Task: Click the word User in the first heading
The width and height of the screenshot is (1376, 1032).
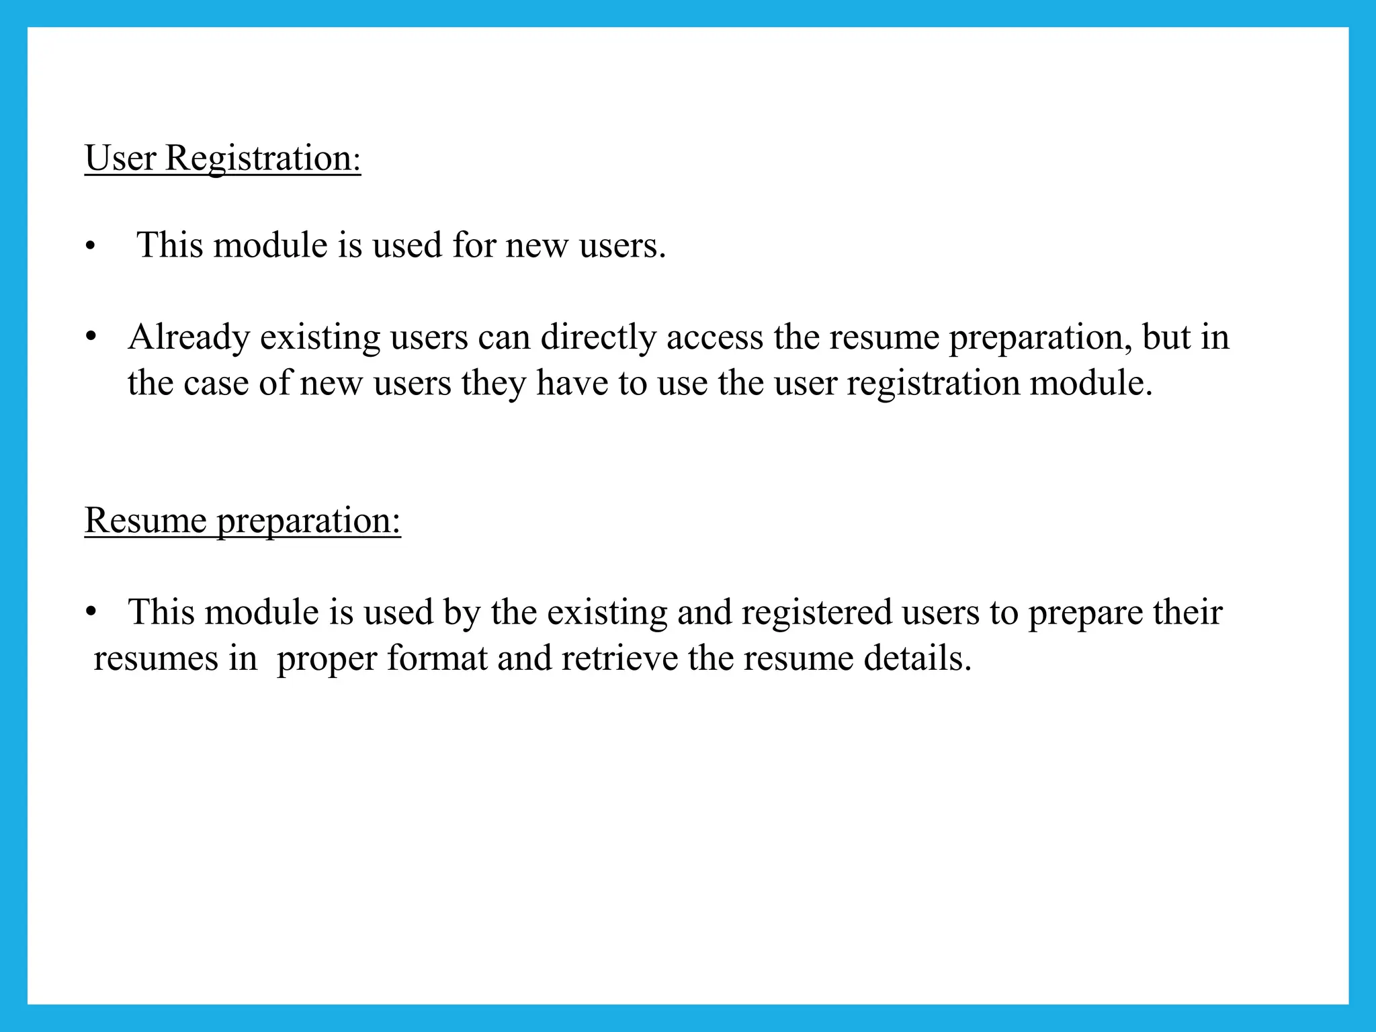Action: coord(120,159)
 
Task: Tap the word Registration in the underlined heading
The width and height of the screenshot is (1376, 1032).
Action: coord(263,159)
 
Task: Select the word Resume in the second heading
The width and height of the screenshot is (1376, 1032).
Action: coord(145,520)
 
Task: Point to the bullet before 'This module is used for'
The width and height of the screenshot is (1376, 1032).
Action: coord(91,247)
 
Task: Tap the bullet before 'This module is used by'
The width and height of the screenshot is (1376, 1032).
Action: coord(91,612)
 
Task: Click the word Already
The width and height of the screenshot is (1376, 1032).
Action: coord(189,337)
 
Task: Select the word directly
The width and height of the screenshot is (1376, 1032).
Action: coord(598,337)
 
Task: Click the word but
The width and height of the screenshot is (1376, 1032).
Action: coord(1171,337)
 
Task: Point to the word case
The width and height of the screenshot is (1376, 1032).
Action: coord(216,384)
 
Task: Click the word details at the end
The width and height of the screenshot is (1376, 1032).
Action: coord(917,658)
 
